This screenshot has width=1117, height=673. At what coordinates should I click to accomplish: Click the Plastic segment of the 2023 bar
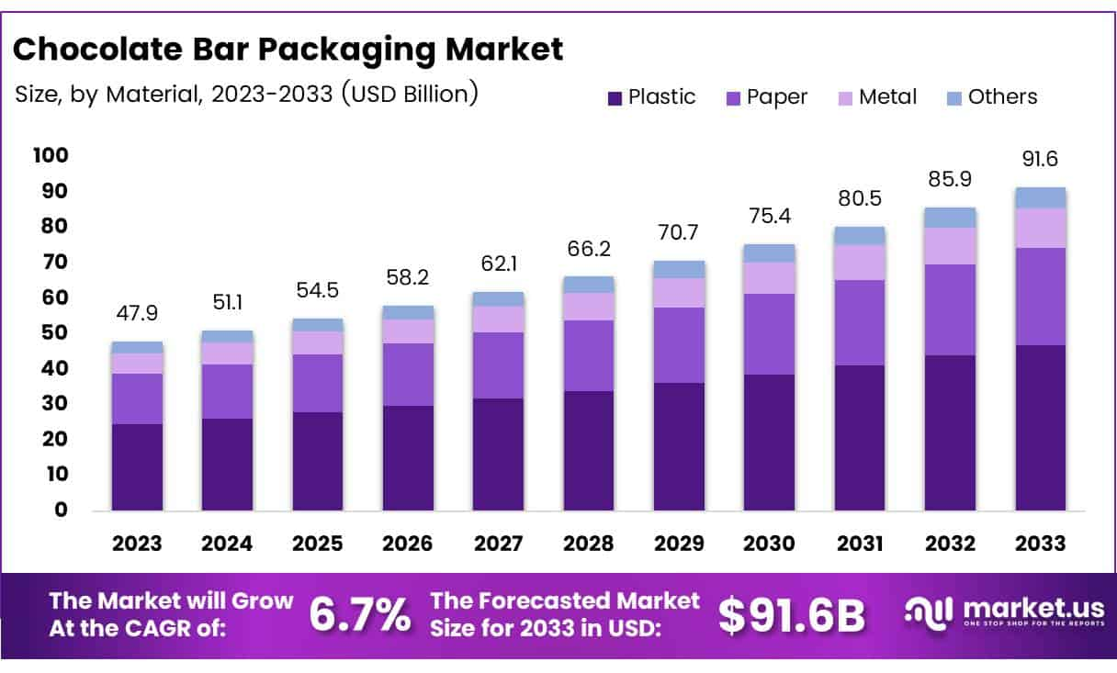click(x=137, y=466)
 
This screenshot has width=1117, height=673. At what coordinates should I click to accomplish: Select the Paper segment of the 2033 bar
click(x=1040, y=297)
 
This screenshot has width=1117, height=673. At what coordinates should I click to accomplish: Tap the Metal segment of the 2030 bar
click(x=769, y=278)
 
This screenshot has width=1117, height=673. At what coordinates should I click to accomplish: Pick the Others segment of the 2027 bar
click(x=498, y=299)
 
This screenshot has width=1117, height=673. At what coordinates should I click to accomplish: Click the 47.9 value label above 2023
click(x=137, y=314)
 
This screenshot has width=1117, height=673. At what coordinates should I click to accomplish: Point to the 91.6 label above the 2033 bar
click(x=1040, y=159)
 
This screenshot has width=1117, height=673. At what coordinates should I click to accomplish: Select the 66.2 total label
click(x=588, y=249)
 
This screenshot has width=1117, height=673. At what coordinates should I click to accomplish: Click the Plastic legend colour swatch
click(x=615, y=97)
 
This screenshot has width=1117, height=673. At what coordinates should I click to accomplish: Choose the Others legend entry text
click(x=1002, y=97)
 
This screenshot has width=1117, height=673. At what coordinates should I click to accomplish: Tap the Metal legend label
click(x=887, y=97)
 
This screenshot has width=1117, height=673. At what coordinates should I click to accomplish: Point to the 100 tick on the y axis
click(x=51, y=155)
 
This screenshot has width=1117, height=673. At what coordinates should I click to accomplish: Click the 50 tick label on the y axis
click(x=56, y=332)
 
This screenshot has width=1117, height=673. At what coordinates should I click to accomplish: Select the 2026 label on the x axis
click(x=408, y=543)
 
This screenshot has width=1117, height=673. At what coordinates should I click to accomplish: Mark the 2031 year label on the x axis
click(x=860, y=543)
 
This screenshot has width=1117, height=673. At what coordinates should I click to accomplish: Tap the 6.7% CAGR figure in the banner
click(x=360, y=615)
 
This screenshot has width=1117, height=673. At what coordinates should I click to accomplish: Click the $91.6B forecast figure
click(x=791, y=615)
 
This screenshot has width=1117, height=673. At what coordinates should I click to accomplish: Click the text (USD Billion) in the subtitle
click(x=410, y=95)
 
